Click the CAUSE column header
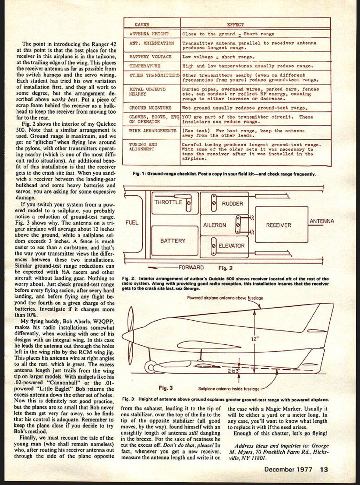tap(142, 25)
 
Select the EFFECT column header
tap(235, 25)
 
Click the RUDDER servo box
tap(229, 204)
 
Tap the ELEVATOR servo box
tap(229, 246)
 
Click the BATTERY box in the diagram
tap(173, 241)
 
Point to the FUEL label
tap(132, 223)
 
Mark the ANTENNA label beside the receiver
tap(322, 221)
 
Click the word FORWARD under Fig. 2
tap(191, 267)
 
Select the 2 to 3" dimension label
tap(234, 371)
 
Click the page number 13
tap(324, 469)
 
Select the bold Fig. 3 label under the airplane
tap(166, 388)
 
